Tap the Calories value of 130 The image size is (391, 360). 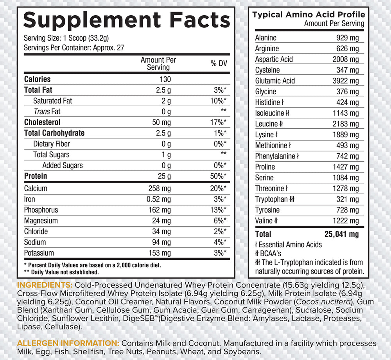coord(165,79)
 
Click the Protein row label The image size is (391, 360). coord(36,176)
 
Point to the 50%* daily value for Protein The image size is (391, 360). coord(218,176)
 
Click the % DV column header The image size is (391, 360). coord(219,63)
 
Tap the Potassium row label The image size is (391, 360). coord(39,253)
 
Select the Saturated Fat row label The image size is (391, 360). coord(52,101)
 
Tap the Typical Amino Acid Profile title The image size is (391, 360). coord(308,15)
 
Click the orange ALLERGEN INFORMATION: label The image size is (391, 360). coord(68,343)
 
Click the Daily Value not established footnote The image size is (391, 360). coord(61,272)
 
